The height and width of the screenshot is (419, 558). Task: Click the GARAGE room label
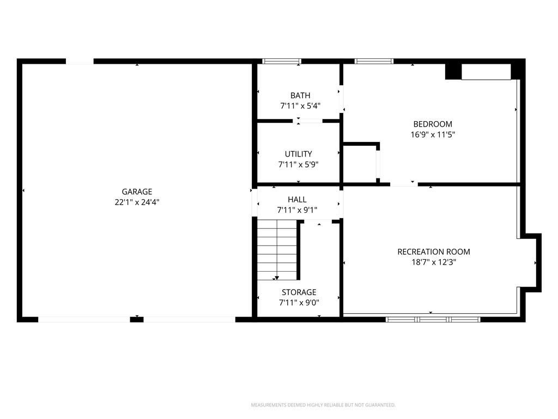click(x=137, y=191)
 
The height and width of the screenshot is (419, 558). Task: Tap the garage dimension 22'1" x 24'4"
click(x=137, y=202)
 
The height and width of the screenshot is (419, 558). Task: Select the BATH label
click(x=300, y=95)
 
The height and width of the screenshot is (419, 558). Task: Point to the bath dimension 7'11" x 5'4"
click(x=300, y=106)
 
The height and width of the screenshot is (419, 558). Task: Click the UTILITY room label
click(x=298, y=154)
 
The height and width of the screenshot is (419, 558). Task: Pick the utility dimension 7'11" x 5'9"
click(x=298, y=164)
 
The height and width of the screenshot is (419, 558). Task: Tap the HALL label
click(x=297, y=200)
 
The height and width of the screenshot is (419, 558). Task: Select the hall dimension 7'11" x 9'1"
click(x=297, y=210)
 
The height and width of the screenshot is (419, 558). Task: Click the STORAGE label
click(x=299, y=292)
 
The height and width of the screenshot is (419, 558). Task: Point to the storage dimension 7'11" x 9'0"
click(x=299, y=302)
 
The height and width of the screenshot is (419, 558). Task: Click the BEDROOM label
click(x=433, y=124)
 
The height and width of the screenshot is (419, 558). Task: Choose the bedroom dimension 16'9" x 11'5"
click(x=433, y=134)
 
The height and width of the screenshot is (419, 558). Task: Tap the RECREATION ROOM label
click(x=434, y=252)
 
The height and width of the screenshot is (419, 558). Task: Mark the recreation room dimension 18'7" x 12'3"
click(x=434, y=262)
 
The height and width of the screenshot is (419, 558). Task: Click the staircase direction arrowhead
click(x=277, y=278)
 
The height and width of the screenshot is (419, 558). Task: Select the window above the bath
click(x=282, y=61)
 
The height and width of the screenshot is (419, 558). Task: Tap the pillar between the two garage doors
click(x=137, y=320)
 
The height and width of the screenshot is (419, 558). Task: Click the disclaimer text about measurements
click(x=323, y=405)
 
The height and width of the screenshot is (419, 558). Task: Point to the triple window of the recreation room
click(x=433, y=320)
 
